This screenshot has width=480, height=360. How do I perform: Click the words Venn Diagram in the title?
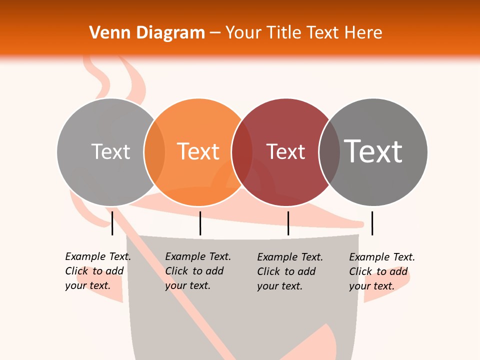point(147,33)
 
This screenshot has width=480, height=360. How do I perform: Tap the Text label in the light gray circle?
point(110,151)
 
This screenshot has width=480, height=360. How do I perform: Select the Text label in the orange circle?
point(198,151)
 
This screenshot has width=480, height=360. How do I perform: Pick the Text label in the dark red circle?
point(285,151)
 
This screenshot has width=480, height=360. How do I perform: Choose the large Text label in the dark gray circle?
point(373,151)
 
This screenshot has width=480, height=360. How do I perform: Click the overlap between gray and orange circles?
point(154,152)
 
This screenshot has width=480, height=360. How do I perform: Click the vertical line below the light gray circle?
point(112,223)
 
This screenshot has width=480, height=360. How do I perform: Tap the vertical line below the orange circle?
point(200,223)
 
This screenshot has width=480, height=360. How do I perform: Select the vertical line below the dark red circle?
point(288,223)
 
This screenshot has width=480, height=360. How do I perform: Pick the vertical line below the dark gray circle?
point(372,223)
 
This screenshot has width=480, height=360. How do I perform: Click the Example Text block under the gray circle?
point(98,271)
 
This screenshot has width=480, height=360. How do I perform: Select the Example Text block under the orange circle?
point(198,271)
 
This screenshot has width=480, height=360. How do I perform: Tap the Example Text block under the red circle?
point(290,271)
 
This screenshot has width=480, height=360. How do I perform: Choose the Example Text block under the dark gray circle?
point(382,271)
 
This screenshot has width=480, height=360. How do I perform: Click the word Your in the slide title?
point(243,33)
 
